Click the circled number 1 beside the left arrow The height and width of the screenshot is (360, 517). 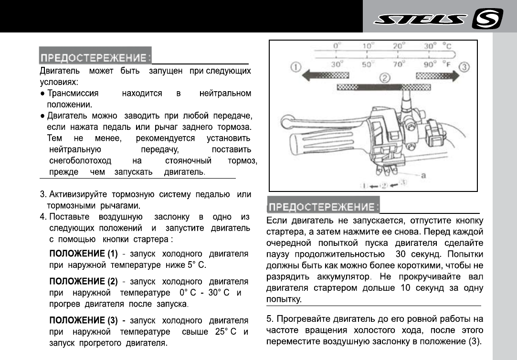295,68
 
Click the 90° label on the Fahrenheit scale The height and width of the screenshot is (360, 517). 430,64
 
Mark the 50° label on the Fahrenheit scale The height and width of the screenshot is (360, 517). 367,64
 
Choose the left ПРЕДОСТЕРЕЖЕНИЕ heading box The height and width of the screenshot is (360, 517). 95,58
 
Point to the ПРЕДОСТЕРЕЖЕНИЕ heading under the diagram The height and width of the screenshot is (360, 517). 323,207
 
